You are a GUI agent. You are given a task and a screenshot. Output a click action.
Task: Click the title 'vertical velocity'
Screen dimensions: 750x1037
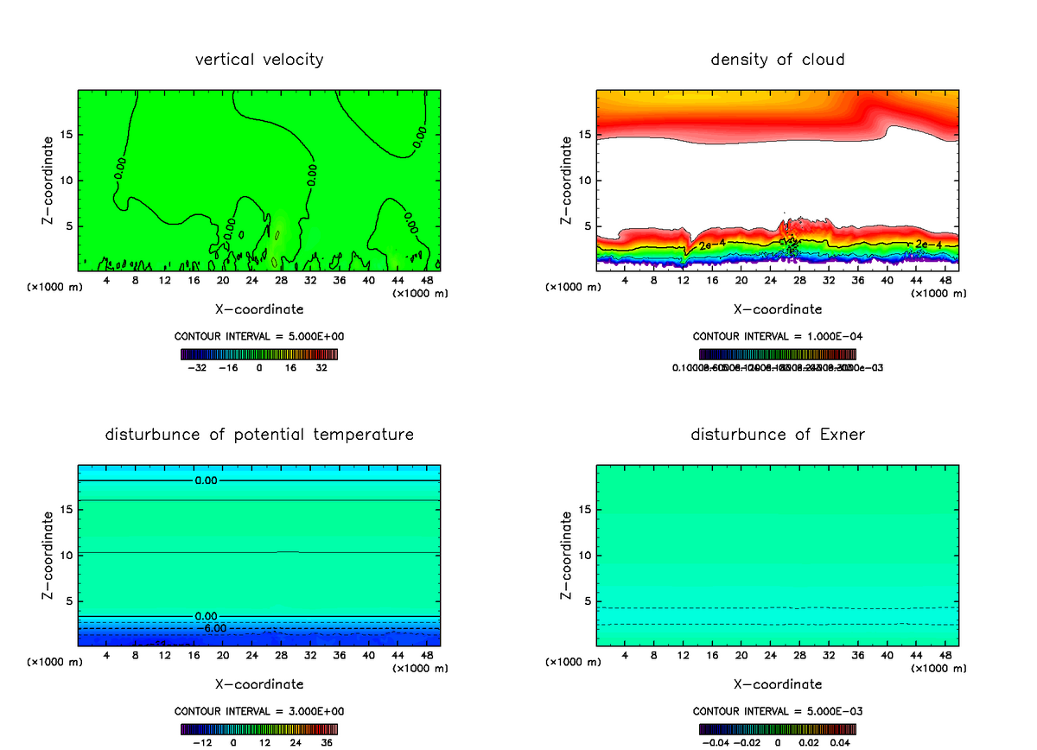(x=259, y=60)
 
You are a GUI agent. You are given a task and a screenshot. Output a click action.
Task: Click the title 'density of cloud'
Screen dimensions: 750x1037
(x=778, y=60)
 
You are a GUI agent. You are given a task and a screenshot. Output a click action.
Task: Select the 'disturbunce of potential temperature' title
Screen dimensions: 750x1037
(x=259, y=434)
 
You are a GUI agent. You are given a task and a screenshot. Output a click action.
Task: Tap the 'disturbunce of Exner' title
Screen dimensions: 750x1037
(x=778, y=434)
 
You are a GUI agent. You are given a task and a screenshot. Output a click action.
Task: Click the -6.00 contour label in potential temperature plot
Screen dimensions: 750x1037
(x=214, y=628)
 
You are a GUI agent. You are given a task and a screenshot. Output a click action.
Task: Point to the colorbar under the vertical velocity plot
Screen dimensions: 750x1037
(x=259, y=353)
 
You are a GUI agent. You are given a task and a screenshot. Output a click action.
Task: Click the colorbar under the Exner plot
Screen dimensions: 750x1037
(x=778, y=728)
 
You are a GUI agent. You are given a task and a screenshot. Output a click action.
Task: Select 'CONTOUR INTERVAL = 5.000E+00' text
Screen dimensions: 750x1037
(x=259, y=336)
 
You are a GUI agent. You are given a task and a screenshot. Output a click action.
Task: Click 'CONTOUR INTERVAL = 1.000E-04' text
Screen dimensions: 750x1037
(x=778, y=336)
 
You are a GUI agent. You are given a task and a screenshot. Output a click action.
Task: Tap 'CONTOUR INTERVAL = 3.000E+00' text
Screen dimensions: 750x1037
(x=259, y=711)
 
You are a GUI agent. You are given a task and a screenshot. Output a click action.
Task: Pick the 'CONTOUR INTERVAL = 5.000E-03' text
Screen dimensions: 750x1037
(x=778, y=711)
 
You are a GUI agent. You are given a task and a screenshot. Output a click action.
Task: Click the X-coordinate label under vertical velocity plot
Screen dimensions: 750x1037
(x=259, y=308)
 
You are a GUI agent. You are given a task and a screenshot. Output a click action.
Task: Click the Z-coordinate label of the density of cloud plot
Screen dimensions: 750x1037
(x=567, y=181)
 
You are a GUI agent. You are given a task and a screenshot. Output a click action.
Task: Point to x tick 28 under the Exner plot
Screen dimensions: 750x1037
(x=800, y=656)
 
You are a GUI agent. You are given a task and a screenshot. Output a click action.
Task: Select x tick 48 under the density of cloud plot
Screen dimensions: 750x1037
(x=945, y=281)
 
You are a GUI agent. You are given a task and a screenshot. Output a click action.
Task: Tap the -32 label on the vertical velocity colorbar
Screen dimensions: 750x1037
(x=200, y=367)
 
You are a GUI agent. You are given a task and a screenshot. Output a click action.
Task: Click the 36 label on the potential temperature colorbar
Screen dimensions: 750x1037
(x=327, y=742)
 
